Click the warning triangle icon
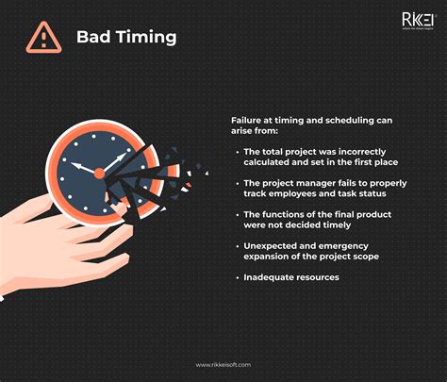coord(41,38)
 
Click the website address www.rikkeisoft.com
coord(223,365)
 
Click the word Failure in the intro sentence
coord(247,120)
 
